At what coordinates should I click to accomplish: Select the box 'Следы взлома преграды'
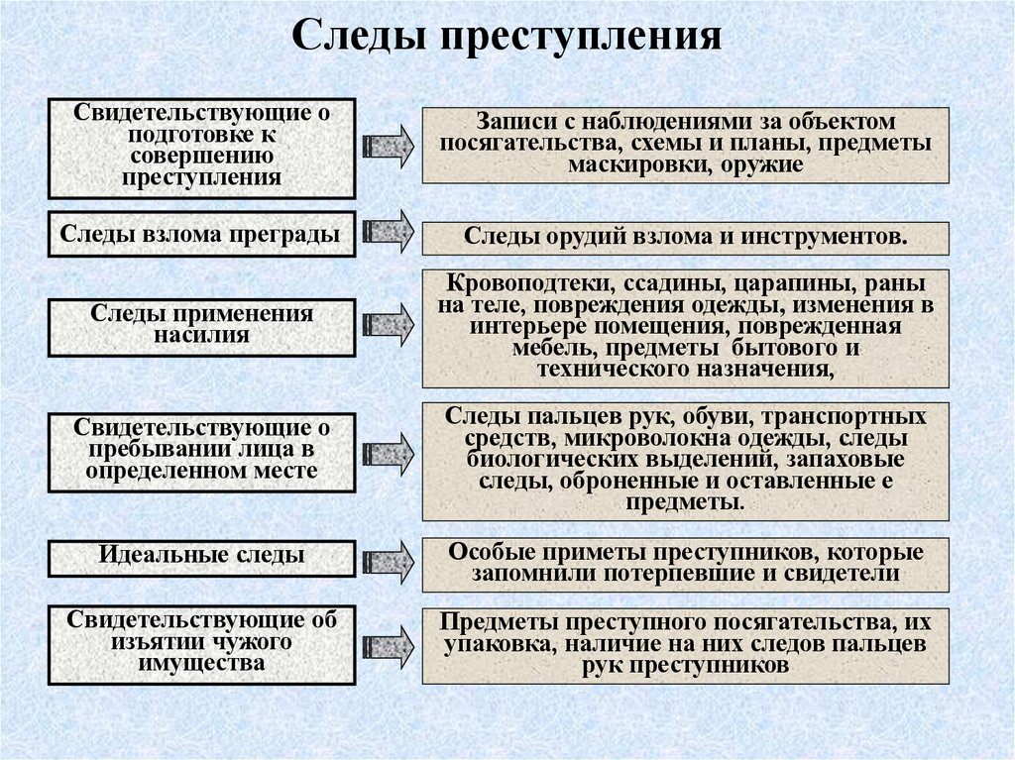201,234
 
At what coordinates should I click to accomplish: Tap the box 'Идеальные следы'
201,556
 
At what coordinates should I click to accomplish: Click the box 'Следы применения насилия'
201,327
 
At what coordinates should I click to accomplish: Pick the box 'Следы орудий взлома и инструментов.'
685,239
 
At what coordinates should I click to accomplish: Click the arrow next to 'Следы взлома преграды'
389,231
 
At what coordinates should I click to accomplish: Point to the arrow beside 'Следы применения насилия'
389,323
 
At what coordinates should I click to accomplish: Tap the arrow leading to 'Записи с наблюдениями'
389,147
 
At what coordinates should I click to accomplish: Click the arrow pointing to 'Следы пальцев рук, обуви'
389,455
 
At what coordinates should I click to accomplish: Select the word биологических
557,460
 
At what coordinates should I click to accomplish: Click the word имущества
201,664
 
